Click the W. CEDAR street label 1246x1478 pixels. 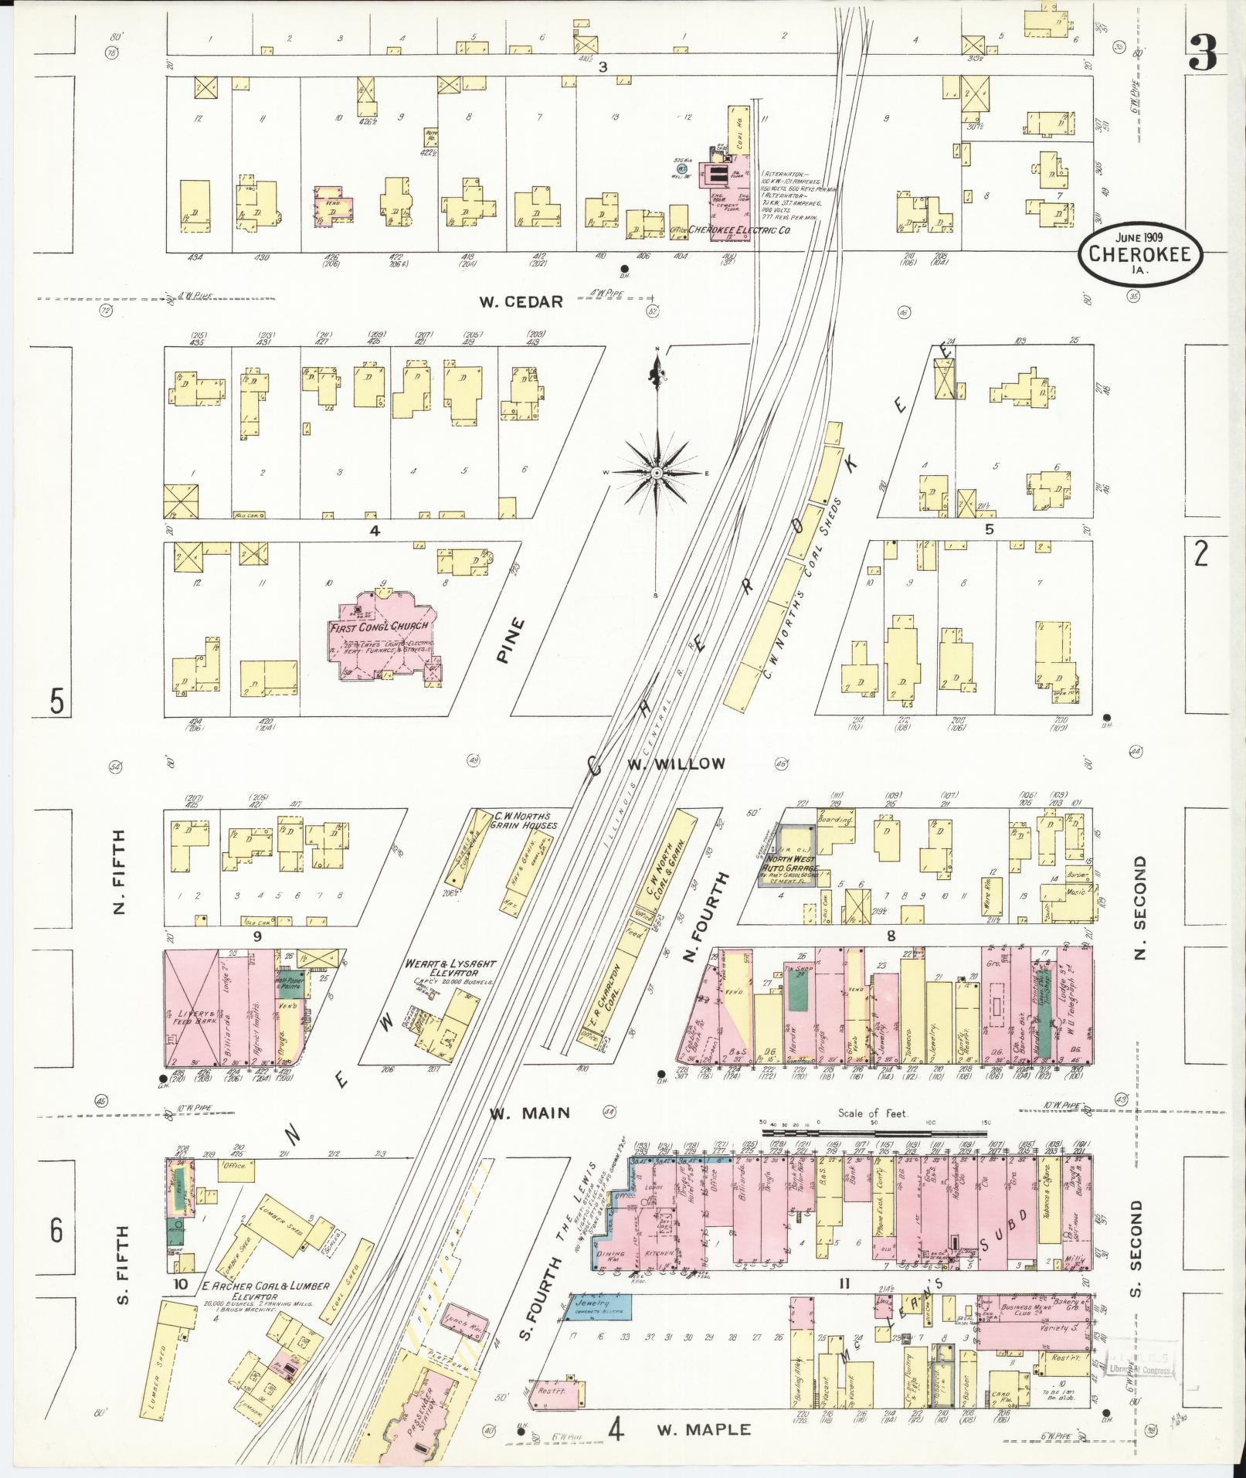521,302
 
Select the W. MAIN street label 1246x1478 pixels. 531,1113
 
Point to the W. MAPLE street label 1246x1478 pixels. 703,1429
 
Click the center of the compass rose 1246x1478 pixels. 656,472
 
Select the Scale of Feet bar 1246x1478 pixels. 874,1132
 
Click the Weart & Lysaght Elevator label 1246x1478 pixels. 450,970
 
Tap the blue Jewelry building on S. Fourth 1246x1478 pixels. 600,1307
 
